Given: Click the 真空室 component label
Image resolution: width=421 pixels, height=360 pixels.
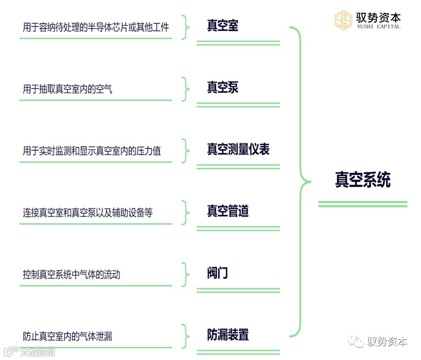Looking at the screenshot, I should [x=222, y=26].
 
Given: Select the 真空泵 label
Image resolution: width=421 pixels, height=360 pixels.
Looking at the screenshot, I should [x=222, y=88].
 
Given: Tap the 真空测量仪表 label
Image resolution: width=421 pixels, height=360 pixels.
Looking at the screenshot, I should [x=238, y=150].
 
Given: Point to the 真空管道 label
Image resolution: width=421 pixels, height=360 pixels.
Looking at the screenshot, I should [x=228, y=211].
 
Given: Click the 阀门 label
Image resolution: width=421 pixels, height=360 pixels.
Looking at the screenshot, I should [x=217, y=273].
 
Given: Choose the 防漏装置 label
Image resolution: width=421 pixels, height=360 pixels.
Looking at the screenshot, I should [x=228, y=335].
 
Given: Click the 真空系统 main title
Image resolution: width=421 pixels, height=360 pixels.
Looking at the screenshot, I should [x=363, y=180].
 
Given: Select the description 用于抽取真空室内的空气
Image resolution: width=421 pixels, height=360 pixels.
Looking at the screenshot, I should [x=67, y=89].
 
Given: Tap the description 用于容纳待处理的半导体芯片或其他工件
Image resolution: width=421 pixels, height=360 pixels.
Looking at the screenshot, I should [x=96, y=28].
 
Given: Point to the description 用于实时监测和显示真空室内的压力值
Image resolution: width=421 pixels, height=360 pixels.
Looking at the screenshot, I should [x=92, y=151].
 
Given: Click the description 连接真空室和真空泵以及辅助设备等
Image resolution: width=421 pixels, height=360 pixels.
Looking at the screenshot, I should [x=88, y=213].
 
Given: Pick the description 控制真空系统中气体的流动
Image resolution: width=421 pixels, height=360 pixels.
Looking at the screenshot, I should [x=71, y=275].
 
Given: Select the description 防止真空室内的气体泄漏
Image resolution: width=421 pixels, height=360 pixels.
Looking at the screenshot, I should [x=67, y=336].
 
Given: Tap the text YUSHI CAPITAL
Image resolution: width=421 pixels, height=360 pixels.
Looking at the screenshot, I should [x=378, y=27].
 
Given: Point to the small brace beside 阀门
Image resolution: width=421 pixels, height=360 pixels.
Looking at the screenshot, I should [x=186, y=274].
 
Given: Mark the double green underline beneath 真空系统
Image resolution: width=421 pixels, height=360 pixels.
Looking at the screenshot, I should [x=363, y=204].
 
